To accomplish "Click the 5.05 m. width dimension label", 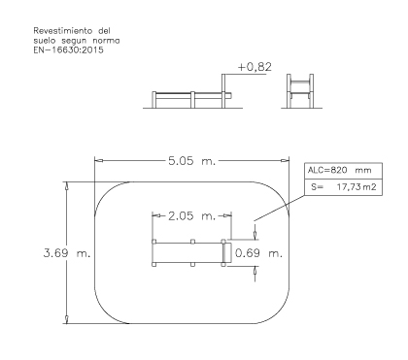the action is click(x=191, y=161).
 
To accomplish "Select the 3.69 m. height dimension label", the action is click(x=67, y=253).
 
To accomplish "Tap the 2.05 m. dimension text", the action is click(x=191, y=215).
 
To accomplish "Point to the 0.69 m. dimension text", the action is click(x=258, y=253).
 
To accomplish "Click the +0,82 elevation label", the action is click(x=255, y=67).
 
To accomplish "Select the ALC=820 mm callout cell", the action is click(x=343, y=171).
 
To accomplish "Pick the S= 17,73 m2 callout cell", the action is click(x=343, y=187).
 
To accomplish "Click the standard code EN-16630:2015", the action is click(x=69, y=49).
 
